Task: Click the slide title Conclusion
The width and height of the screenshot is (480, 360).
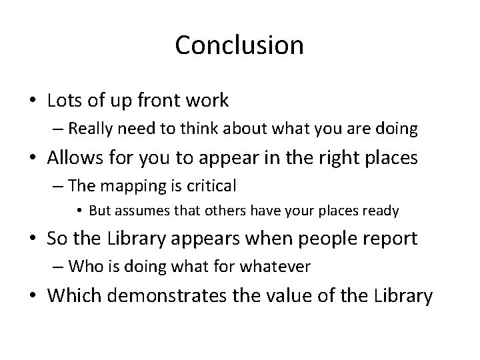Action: (x=239, y=45)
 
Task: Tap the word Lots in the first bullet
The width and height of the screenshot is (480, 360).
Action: (x=62, y=101)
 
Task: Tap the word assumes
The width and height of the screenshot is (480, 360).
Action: (x=135, y=211)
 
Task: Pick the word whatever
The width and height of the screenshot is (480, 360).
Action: (x=279, y=267)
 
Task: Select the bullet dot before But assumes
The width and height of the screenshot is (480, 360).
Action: (x=79, y=212)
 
